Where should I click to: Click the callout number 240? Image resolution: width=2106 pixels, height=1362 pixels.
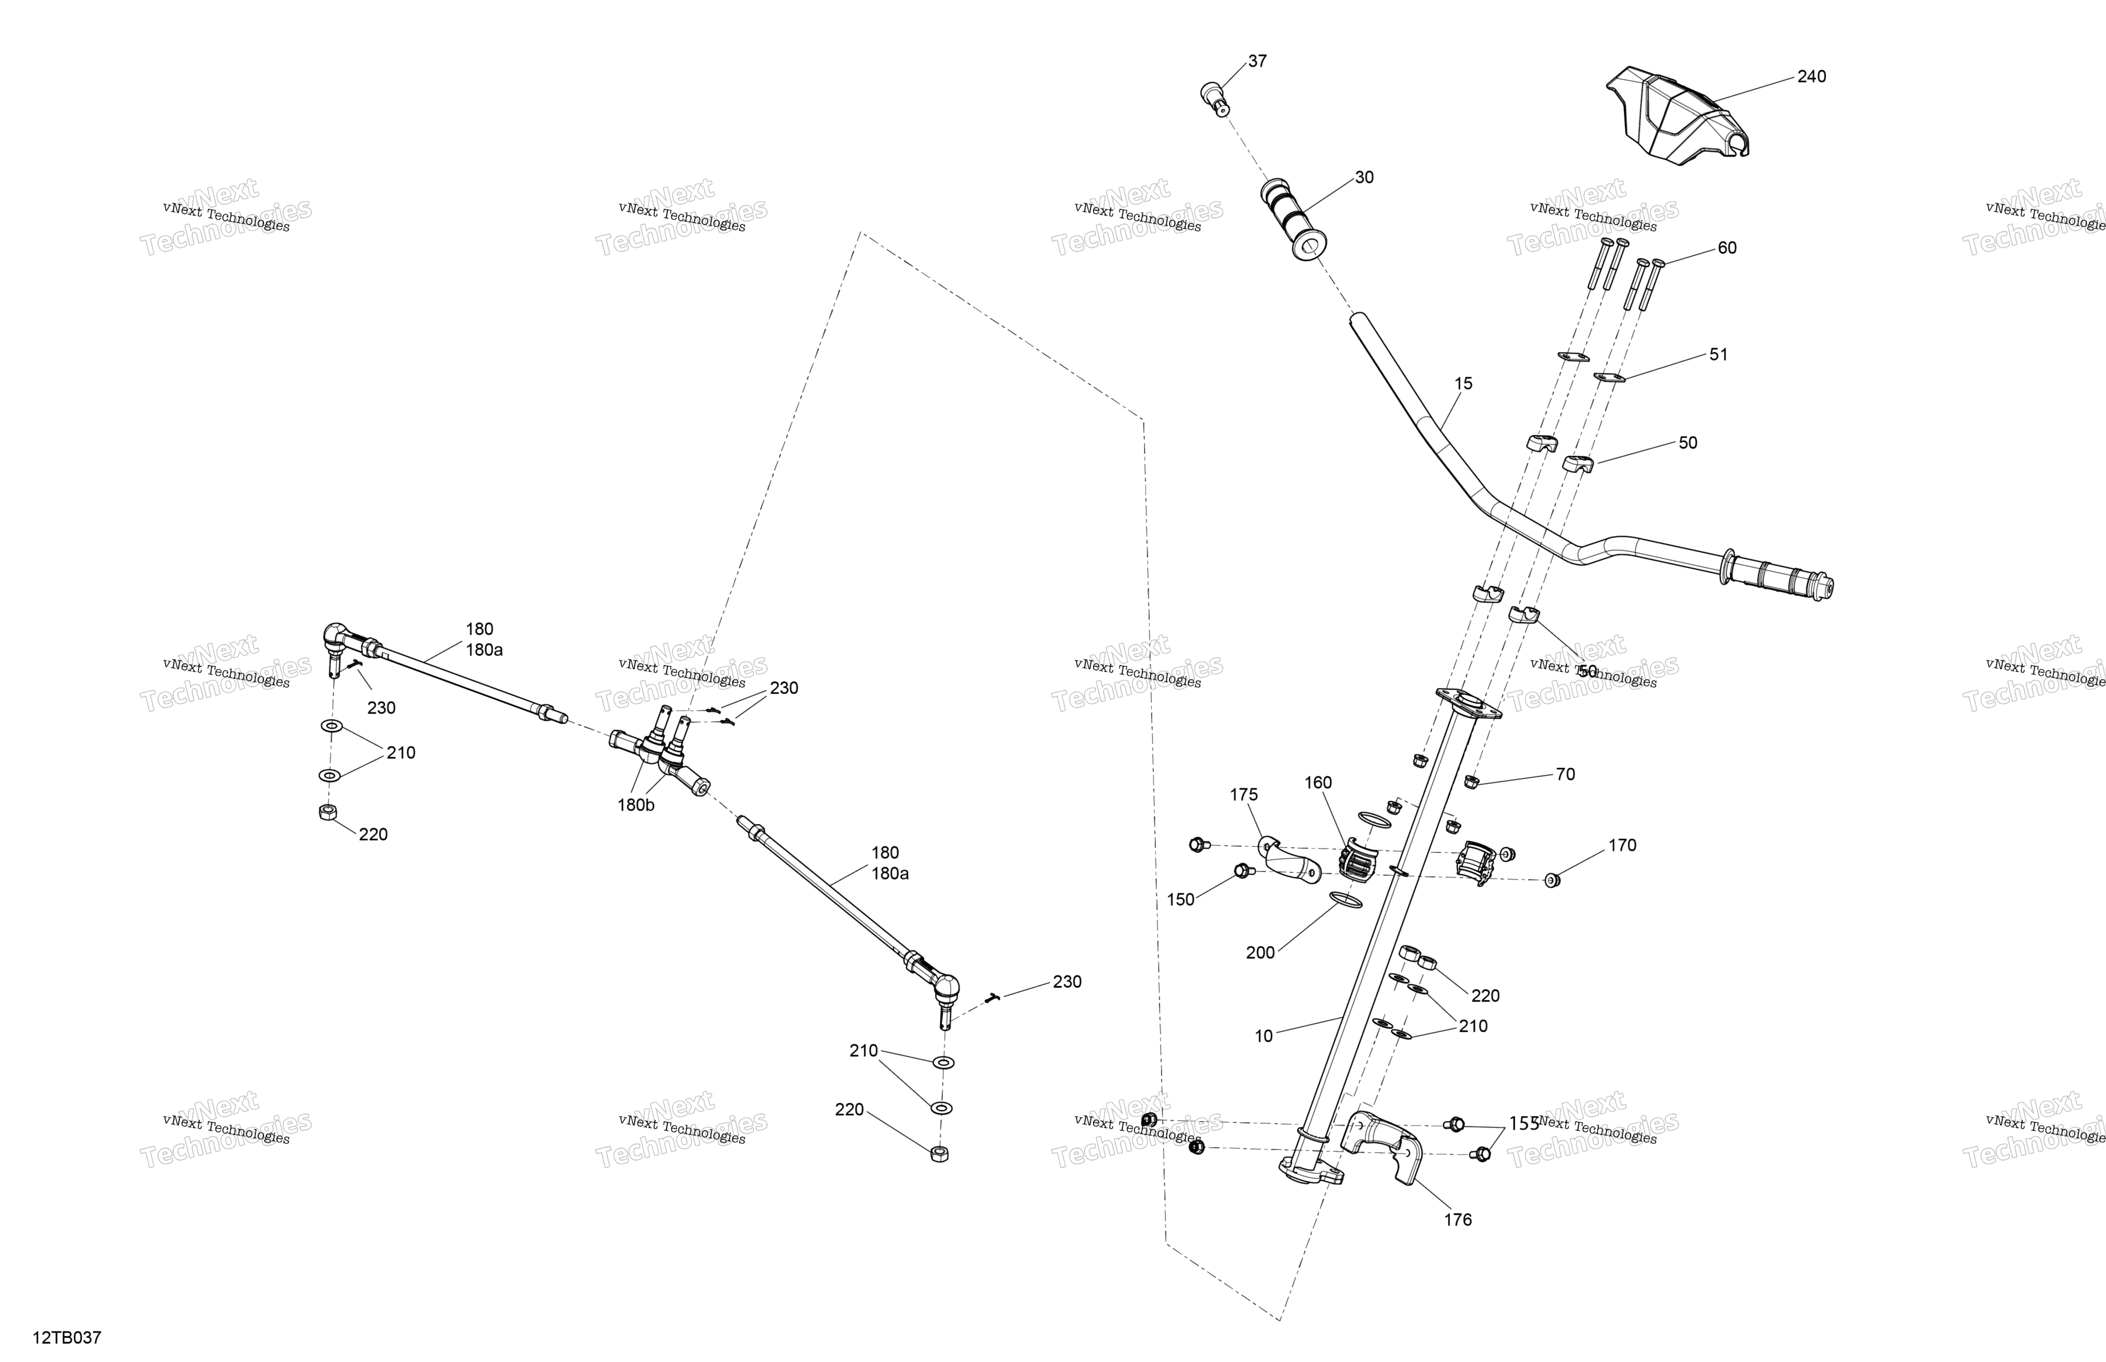coord(1811,77)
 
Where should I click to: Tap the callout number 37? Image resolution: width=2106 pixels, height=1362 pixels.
coord(1257,61)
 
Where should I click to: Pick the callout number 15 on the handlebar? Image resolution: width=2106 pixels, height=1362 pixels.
coord(1464,384)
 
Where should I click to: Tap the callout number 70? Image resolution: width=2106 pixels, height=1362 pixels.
coord(1565,775)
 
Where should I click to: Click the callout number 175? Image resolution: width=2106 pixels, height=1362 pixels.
coord(1243,795)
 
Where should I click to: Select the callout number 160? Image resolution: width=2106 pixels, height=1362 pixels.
coord(1317,783)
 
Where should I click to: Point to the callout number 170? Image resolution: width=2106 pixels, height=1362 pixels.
coord(1622,846)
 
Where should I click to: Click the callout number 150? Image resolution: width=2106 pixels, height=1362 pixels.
coord(1180,899)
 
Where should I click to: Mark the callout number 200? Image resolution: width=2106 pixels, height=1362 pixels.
coord(1260,952)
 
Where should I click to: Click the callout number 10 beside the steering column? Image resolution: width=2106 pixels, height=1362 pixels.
coord(1264,1036)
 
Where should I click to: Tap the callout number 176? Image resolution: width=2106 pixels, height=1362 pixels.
coord(1458,1220)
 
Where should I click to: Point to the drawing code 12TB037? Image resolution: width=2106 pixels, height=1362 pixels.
coord(67,1337)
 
